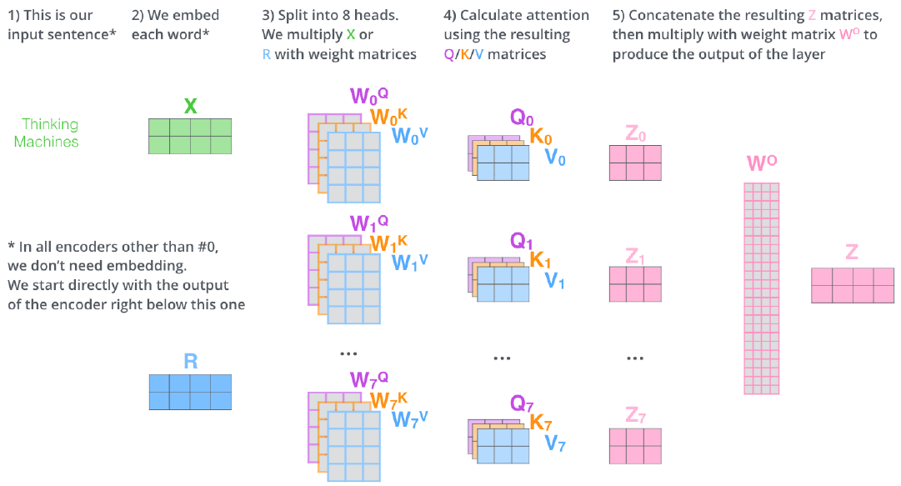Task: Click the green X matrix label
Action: (190, 106)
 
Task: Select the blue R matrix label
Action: (190, 361)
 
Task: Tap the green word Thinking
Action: (50, 124)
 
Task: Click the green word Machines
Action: (50, 142)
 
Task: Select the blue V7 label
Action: (555, 444)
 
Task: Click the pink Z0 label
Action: (635, 134)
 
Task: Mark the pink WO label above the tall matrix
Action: (762, 163)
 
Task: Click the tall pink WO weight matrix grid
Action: (761, 288)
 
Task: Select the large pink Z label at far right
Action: (851, 253)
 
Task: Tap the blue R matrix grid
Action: (190, 392)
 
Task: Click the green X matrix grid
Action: (190, 136)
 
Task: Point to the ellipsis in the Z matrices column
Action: (635, 358)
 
